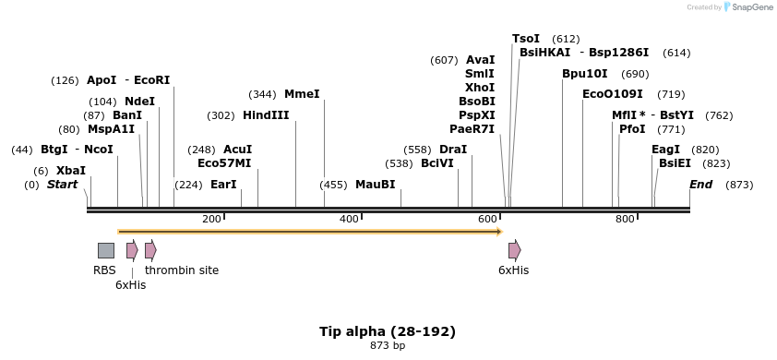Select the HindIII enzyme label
266,115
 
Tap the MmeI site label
302,94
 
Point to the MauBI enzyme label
375,185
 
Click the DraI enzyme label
453,150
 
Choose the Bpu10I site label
585,74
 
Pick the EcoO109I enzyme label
613,94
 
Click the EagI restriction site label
665,150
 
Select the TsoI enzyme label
526,39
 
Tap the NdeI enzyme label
139,102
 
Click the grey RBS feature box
106,250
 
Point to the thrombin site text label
182,270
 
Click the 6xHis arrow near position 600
514,250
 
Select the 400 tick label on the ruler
349,219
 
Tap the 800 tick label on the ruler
625,219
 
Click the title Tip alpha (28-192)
388,331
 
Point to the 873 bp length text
388,346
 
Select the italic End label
701,185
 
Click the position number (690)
635,74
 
